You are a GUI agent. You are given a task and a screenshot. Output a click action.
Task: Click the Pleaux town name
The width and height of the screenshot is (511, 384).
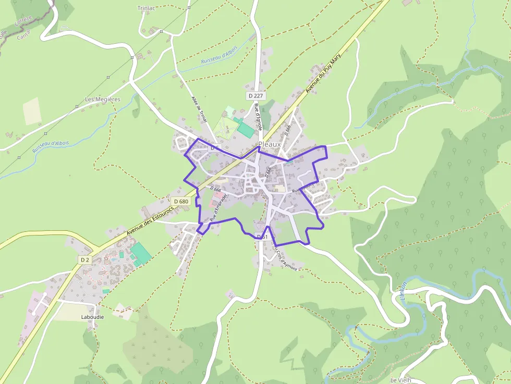point(270,144)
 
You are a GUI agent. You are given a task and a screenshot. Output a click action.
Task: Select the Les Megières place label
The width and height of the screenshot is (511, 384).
point(102,99)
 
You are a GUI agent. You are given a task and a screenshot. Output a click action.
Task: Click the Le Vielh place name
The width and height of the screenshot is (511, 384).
point(400,380)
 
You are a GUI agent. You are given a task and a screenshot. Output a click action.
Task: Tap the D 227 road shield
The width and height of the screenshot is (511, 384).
point(256,96)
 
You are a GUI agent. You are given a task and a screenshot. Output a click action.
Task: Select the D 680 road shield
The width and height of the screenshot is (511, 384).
point(181,201)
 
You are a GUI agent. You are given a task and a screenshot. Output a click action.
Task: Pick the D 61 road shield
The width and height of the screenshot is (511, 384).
point(262,237)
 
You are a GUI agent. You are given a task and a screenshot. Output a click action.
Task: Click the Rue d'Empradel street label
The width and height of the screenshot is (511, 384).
point(215,207)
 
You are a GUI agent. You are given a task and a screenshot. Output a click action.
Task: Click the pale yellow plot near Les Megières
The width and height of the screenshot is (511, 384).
point(32,111)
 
